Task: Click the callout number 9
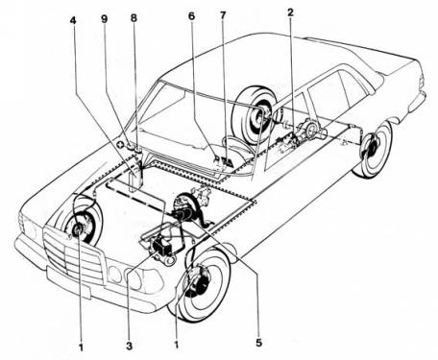pos(105,17)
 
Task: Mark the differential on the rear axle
pos(309,131)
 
